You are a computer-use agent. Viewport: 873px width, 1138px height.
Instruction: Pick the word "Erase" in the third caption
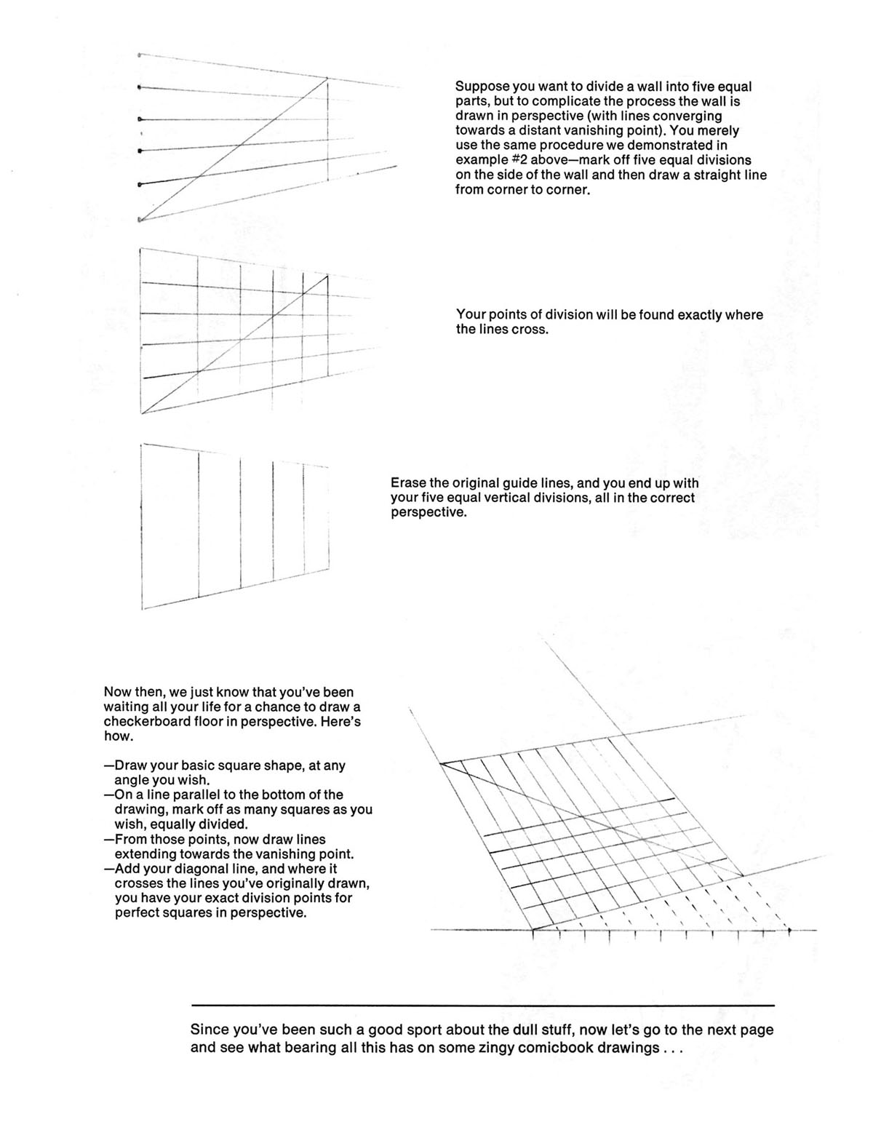click(x=407, y=483)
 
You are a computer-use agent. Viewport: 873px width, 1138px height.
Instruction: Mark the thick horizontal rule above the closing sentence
click(x=482, y=1006)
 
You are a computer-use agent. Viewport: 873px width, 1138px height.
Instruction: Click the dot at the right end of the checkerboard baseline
click(x=790, y=930)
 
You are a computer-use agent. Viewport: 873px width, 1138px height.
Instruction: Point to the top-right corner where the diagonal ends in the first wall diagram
click(x=327, y=78)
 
